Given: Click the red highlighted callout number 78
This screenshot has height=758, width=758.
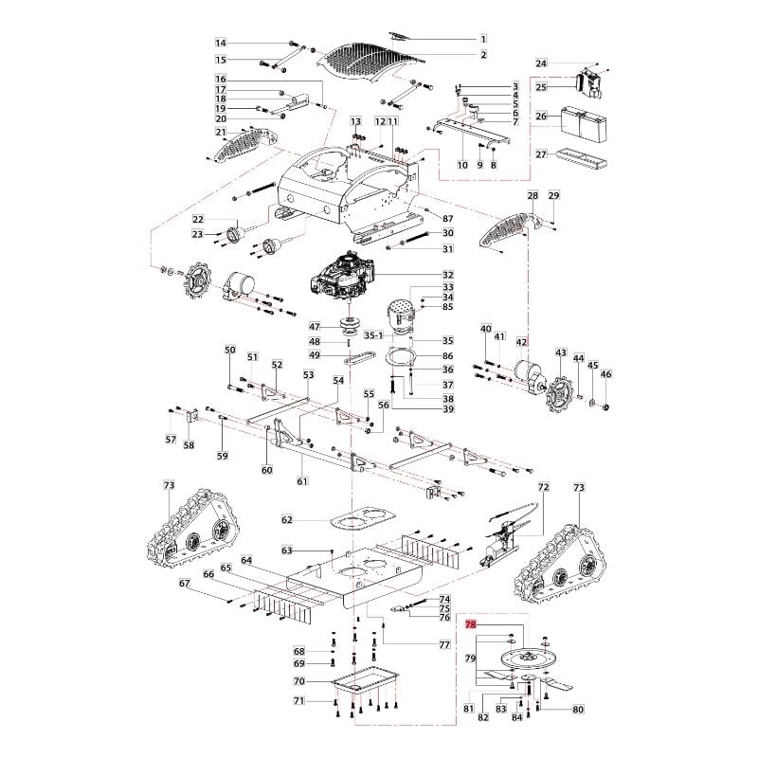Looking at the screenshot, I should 470,625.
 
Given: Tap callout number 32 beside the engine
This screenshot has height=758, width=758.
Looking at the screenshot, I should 448,275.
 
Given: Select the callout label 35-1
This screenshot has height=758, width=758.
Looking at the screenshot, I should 374,335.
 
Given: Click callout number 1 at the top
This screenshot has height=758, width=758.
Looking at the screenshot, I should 482,39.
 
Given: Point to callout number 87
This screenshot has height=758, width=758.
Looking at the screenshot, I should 448,219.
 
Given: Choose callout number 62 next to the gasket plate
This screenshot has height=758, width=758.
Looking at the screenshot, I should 287,519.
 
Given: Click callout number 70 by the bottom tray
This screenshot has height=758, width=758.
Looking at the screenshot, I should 298,681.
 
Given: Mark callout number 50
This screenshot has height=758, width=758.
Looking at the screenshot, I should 229,351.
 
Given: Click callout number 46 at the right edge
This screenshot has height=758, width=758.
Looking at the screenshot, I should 607,374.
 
